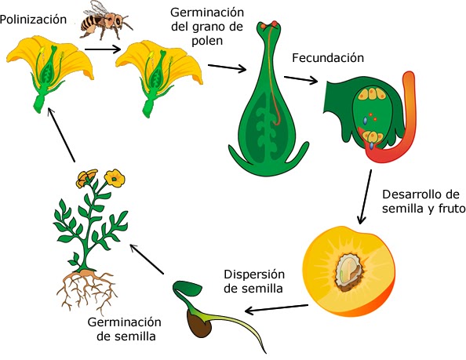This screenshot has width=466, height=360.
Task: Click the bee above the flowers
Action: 100,21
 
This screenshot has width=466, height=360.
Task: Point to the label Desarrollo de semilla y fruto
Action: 421,202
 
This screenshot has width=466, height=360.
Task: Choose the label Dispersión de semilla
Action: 253,281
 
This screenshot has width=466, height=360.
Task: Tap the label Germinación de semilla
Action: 128,329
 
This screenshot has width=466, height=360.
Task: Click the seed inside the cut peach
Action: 348,271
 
